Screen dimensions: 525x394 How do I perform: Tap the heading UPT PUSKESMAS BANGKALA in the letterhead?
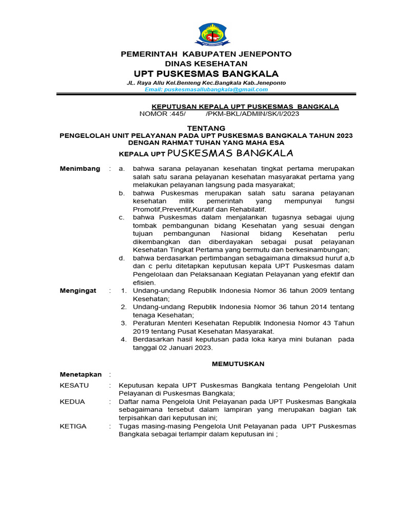tap(206, 73)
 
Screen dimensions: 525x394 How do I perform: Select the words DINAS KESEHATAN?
tap(206, 63)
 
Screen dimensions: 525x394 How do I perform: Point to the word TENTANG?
tap(206, 128)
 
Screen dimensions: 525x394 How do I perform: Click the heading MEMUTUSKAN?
tap(238, 364)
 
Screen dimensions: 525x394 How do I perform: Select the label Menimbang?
tap(80, 169)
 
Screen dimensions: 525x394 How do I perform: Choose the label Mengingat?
tap(78, 291)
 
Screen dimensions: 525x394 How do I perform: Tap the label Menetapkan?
tap(81, 374)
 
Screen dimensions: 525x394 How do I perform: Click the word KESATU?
tap(74, 385)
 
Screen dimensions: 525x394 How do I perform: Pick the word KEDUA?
tap(72, 401)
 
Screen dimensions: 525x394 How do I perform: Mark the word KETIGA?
tap(73, 426)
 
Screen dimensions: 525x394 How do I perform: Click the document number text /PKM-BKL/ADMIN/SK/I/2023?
tap(252, 114)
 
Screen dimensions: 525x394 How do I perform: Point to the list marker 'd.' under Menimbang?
tap(122, 258)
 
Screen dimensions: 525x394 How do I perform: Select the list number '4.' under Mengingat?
tap(123, 339)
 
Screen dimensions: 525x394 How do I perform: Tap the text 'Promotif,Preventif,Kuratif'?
tap(172, 210)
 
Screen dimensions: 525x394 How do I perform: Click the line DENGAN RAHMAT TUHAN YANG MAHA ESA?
tap(206, 143)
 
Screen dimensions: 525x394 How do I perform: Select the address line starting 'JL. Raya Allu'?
tap(206, 83)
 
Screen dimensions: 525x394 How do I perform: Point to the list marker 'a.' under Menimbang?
tap(122, 169)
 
